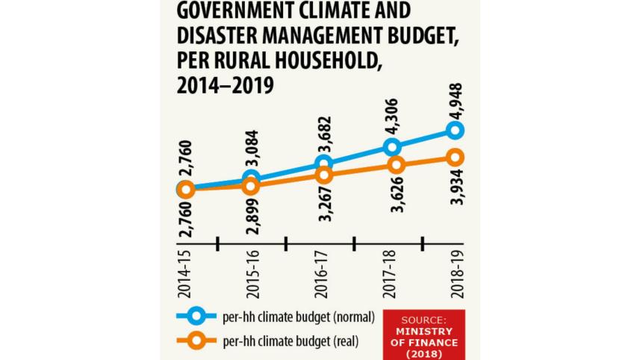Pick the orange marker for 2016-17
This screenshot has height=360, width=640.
[324, 175]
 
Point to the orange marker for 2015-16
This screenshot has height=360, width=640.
[252, 185]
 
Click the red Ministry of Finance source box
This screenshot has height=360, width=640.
[423, 331]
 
